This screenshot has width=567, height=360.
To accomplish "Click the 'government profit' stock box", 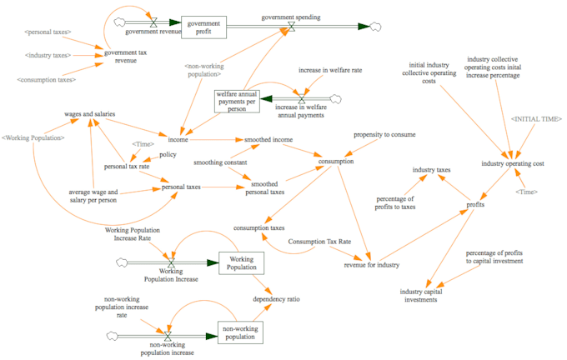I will click(204, 27).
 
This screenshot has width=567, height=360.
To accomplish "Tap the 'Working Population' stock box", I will click(241, 262).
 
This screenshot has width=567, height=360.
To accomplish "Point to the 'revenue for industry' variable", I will click(372, 264).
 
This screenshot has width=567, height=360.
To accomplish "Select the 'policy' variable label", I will click(167, 154).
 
